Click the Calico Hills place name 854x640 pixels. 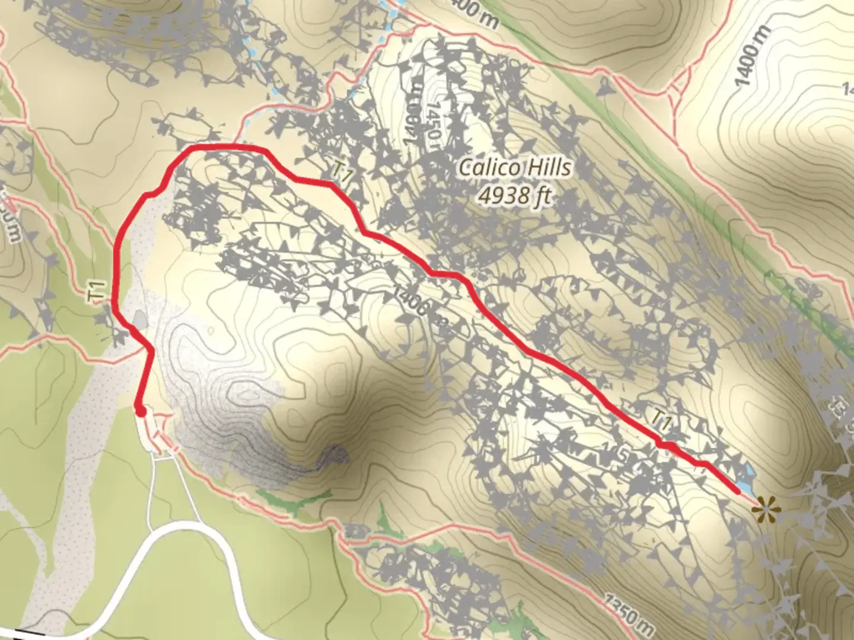pyautogui.click(x=515, y=168)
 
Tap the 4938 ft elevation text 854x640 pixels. pyautogui.click(x=515, y=195)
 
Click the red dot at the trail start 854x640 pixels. pyautogui.click(x=140, y=410)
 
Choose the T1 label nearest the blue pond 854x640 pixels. pyautogui.click(x=661, y=420)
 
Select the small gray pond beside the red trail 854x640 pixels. pyautogui.click(x=140, y=320)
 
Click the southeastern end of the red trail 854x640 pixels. pyautogui.click(x=737, y=491)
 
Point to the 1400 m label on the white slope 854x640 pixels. pyautogui.click(x=752, y=56)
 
